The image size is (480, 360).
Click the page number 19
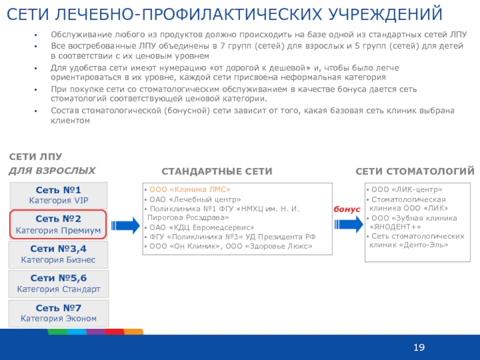(419, 348)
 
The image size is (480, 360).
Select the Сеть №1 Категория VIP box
(58, 195)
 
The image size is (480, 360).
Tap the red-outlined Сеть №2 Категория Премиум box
(58, 224)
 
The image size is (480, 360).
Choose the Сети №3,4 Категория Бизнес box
(58, 254)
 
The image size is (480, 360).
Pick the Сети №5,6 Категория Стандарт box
(58, 283)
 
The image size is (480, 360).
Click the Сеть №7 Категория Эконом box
(58, 313)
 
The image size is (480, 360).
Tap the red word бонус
(347, 209)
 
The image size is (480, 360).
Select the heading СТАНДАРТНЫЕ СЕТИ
(217, 172)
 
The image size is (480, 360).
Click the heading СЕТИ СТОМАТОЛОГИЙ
(415, 172)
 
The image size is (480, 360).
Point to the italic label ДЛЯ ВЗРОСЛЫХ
(52, 170)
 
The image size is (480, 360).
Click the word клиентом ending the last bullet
(70, 120)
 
